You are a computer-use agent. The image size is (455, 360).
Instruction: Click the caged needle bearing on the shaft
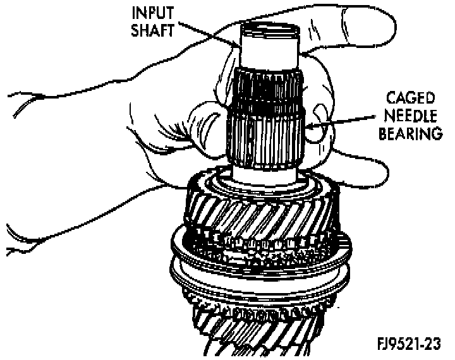pos(265,136)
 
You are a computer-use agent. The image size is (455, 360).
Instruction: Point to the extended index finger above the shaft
pos(354,25)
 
